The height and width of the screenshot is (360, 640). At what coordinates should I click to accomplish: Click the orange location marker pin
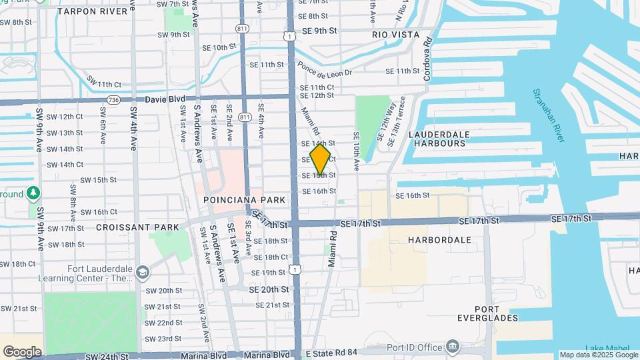pyautogui.click(x=320, y=159)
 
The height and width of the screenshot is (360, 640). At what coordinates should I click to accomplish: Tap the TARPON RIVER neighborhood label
pyautogui.click(x=92, y=11)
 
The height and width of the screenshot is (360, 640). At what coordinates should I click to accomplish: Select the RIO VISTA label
pyautogui.click(x=396, y=35)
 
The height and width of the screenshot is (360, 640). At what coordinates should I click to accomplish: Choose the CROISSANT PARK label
pyautogui.click(x=137, y=227)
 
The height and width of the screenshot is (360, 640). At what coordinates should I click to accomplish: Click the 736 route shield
pyautogui.click(x=112, y=100)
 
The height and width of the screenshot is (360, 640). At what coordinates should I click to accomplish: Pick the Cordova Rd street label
pyautogui.click(x=428, y=51)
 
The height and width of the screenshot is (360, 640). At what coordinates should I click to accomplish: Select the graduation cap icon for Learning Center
pyautogui.click(x=142, y=273)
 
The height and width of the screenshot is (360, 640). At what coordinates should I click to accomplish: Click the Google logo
pyautogui.click(x=22, y=351)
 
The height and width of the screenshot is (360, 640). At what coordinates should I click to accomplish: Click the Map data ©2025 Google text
pyautogui.click(x=598, y=355)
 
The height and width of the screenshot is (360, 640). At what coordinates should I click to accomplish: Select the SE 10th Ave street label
pyautogui.click(x=357, y=150)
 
